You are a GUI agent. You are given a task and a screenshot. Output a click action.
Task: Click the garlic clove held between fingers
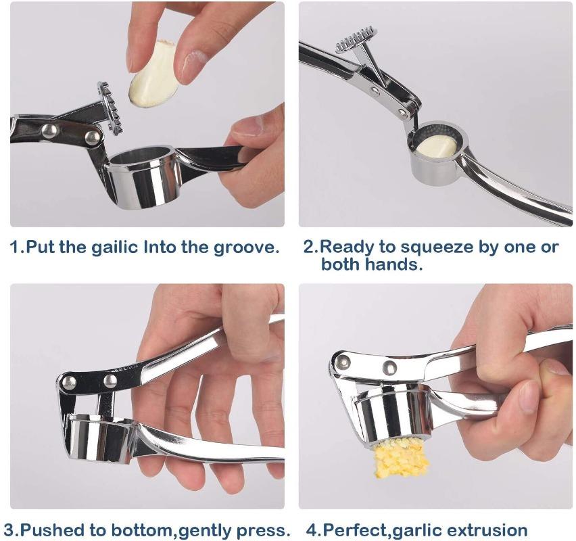[154, 74]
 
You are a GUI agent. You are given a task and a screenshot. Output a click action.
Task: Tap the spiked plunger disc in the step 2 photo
[356, 40]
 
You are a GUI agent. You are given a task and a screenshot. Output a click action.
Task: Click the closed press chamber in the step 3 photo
[99, 438]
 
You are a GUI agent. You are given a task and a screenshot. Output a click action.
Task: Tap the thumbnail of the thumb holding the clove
[191, 63]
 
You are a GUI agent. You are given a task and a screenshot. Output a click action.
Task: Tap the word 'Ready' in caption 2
[345, 247]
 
